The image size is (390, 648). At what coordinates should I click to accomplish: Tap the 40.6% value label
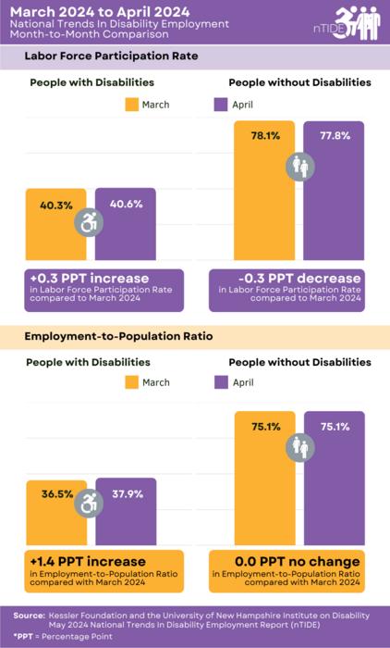(x=127, y=204)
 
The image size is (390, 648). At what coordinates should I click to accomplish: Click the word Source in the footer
(x=30, y=615)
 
